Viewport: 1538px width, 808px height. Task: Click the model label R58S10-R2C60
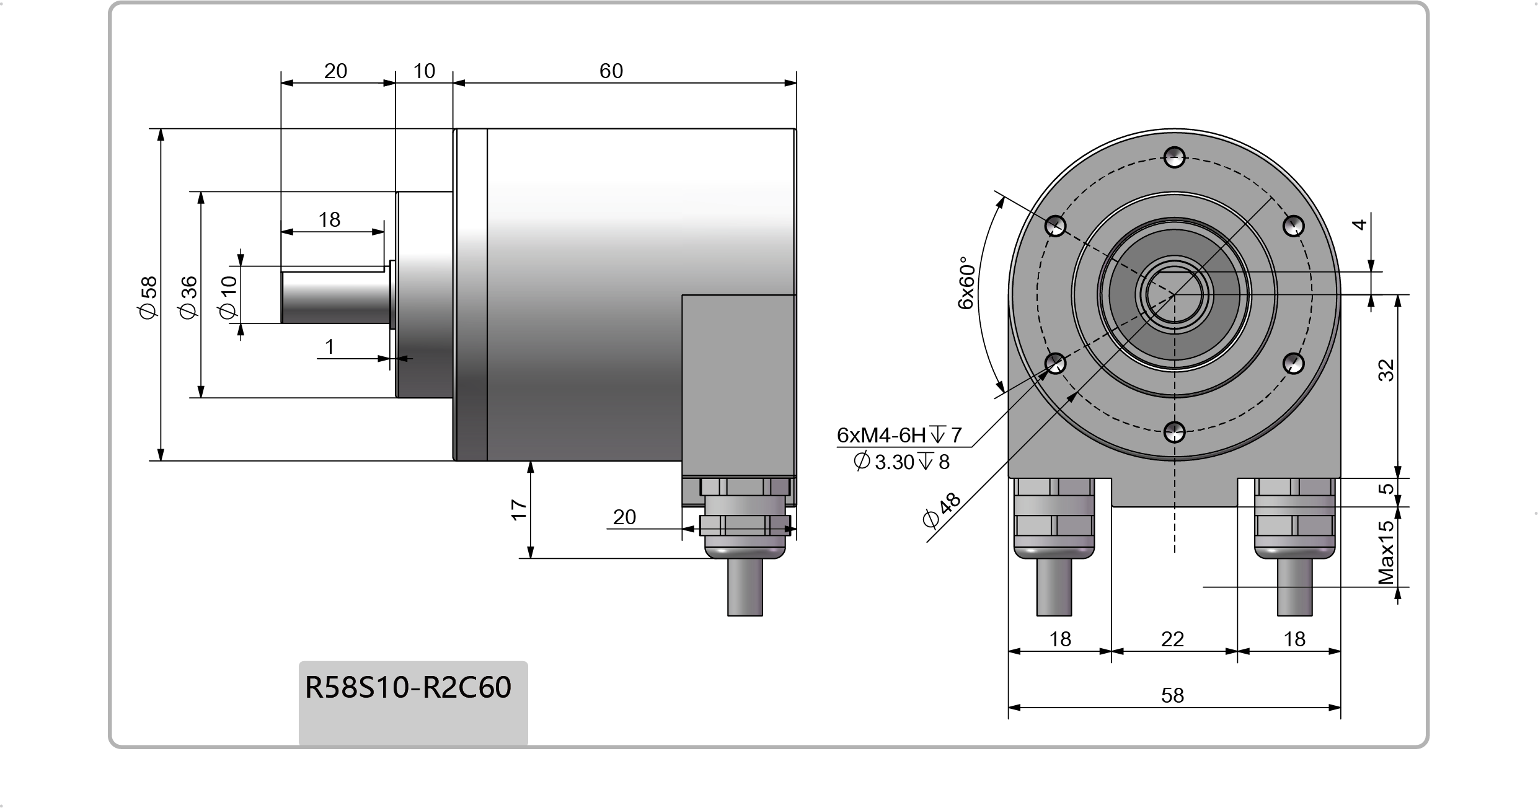408,687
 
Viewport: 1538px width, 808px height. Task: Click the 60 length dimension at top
611,71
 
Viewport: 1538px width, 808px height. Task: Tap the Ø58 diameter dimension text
149,297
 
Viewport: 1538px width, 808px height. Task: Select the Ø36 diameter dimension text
188,297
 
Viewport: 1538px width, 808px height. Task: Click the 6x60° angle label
966,283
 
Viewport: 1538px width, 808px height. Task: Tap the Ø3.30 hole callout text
901,462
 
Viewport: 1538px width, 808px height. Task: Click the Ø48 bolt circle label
941,510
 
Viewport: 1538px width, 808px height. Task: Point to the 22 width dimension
1172,639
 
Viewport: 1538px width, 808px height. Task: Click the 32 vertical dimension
1386,370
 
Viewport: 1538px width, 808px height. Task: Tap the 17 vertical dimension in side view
519,509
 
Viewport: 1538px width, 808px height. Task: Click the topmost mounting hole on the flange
1174,157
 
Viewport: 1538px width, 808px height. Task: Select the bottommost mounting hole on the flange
1174,433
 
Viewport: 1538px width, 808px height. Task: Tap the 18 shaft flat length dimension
329,220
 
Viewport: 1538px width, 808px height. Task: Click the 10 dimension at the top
424,71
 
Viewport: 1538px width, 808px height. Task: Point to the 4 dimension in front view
1359,224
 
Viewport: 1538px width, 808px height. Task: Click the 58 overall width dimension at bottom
1172,695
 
